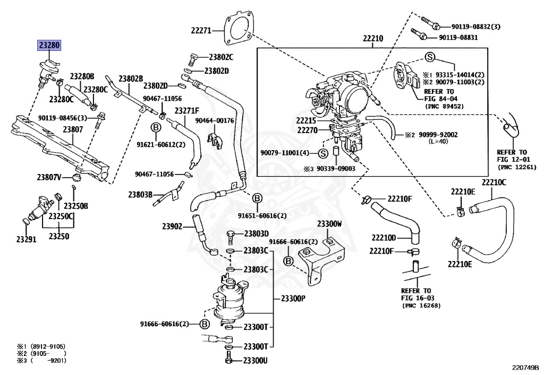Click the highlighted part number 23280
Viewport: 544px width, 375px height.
coord(48,45)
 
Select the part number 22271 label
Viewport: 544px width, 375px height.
coord(202,30)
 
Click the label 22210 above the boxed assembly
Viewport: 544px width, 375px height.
coord(373,39)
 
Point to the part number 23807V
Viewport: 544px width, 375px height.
coord(49,177)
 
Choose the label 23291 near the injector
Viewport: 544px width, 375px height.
coord(25,239)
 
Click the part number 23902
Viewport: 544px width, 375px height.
coord(173,226)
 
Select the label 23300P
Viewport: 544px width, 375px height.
coord(291,299)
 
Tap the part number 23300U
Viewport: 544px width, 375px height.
coord(256,361)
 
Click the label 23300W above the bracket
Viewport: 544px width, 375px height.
coord(329,224)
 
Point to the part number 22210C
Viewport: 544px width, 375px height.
coord(494,183)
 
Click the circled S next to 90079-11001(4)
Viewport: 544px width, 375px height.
coord(322,153)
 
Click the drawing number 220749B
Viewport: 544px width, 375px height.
coord(525,367)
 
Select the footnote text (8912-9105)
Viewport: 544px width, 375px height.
coord(41,346)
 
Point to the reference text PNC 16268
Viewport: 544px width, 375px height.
coord(421,306)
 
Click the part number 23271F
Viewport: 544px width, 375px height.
coord(187,110)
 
